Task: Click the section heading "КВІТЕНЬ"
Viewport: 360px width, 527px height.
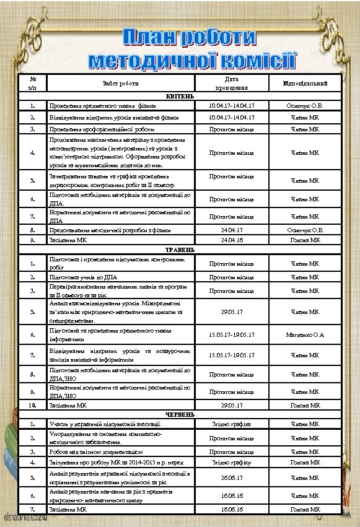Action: pos(179,96)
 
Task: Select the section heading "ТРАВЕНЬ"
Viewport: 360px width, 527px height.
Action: pos(179,249)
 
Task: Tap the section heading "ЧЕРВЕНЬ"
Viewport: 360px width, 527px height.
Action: pos(179,414)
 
